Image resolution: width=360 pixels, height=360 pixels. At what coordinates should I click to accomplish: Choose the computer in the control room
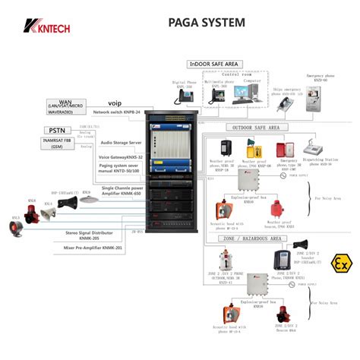[242, 93]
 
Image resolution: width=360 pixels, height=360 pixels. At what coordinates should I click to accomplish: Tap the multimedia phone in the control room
[216, 95]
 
